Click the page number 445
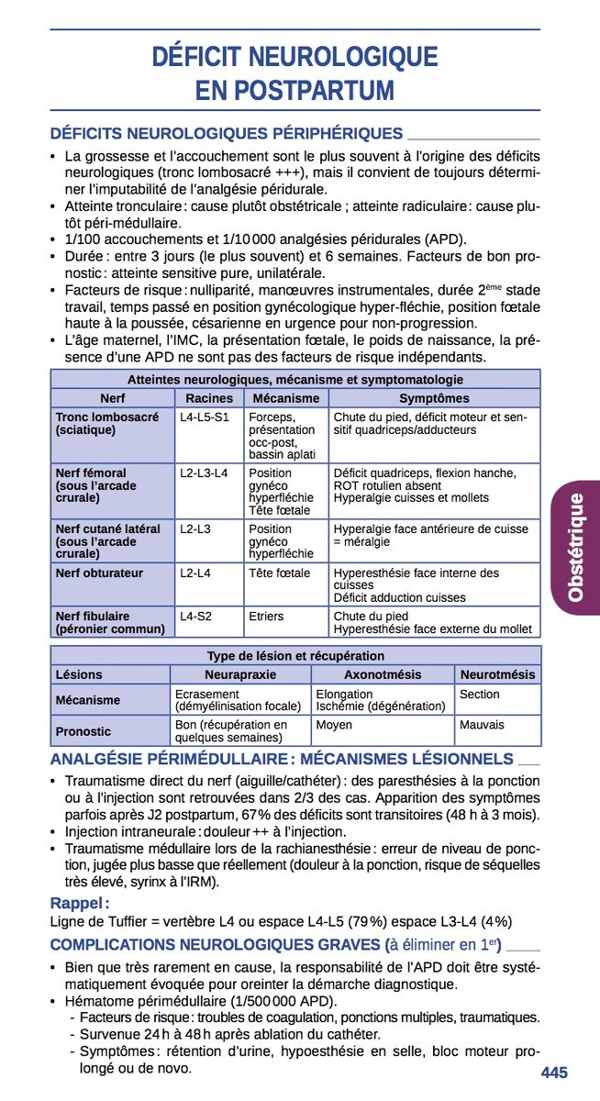point(554,1073)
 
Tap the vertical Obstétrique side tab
point(575,548)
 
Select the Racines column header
point(209,398)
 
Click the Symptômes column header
point(434,398)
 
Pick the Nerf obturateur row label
point(99,573)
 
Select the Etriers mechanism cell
point(266,617)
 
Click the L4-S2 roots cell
point(195,617)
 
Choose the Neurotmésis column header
point(497,674)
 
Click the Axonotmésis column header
point(382,674)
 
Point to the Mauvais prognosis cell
point(482,725)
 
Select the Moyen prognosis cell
point(333,725)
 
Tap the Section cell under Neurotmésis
point(479,695)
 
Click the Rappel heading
point(80,903)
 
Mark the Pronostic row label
point(83,731)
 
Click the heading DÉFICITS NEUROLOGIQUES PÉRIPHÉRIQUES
point(227,134)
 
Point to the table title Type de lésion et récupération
point(295,656)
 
